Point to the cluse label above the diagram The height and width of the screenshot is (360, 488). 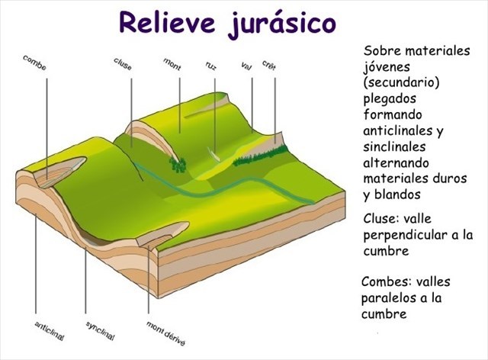123,64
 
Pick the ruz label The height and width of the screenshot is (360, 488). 211,66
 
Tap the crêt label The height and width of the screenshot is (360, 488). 269,65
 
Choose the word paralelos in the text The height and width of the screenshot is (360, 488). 390,297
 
